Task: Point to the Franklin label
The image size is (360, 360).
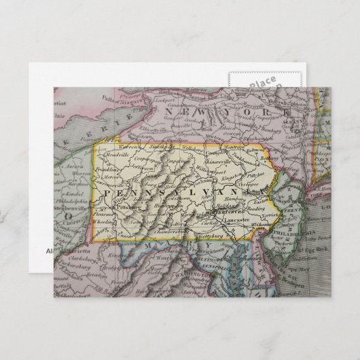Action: [x=107, y=173]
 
